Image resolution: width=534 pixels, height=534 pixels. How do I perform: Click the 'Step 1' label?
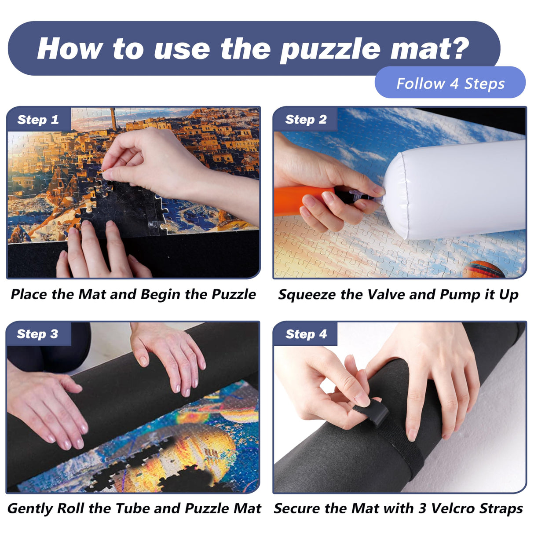tap(38, 120)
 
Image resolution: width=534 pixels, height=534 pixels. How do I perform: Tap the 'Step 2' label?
tap(306, 120)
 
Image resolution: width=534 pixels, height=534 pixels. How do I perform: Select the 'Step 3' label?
tap(37, 334)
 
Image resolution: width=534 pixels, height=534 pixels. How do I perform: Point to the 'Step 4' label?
tap(306, 334)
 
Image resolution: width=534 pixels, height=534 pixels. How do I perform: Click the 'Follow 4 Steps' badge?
tap(450, 83)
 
